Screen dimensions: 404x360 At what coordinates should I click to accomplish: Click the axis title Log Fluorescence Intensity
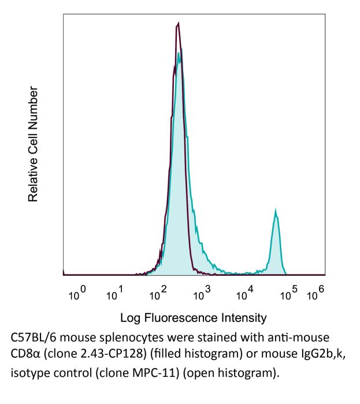pos(193,317)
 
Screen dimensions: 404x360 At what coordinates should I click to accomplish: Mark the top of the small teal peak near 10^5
pos(277,212)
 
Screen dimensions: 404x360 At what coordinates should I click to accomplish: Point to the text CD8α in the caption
pos(25,354)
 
